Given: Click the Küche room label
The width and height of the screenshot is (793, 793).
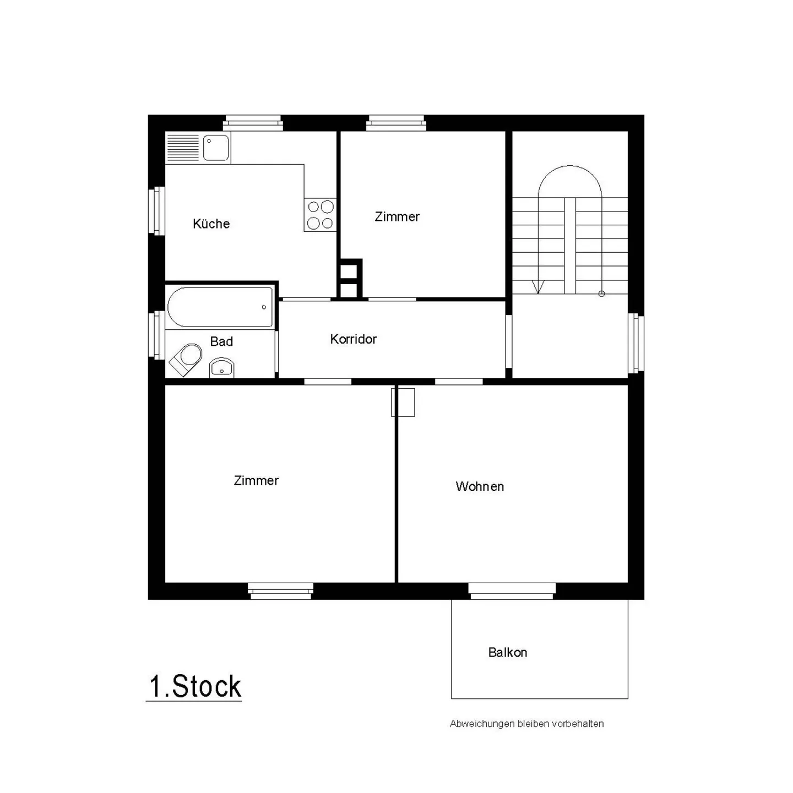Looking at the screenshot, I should pos(211,224).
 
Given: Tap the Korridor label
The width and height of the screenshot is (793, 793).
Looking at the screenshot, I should pos(353,339).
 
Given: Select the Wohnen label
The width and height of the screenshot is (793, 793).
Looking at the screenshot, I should pos(480,487).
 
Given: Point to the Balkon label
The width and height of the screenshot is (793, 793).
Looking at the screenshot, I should pos(508,653).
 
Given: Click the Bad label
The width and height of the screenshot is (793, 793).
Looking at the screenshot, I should pos(221,341).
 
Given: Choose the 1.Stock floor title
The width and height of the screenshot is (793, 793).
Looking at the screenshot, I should pos(195,687).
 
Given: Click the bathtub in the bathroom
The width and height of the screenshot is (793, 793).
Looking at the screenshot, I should pos(220,307).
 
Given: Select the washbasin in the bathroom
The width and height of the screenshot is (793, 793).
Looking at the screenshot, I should pos(222,367).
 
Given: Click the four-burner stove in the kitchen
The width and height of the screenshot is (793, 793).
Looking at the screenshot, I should pos(320,215).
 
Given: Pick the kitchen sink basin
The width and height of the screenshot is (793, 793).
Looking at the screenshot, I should pos(216,148).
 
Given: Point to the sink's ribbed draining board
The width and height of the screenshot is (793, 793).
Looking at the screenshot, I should pos(182,148).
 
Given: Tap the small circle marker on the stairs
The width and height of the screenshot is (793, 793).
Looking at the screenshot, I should pos(601,294).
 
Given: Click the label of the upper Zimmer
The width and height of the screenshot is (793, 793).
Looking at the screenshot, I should pos(397,217).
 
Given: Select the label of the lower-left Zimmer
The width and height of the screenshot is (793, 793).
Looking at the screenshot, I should pos(256,481).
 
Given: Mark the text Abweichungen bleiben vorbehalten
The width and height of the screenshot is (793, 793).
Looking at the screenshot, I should pos(526,724).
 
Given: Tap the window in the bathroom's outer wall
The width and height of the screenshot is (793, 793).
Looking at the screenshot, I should pos(157,335).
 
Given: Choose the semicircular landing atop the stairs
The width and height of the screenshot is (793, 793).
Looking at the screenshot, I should pos(570,182).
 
